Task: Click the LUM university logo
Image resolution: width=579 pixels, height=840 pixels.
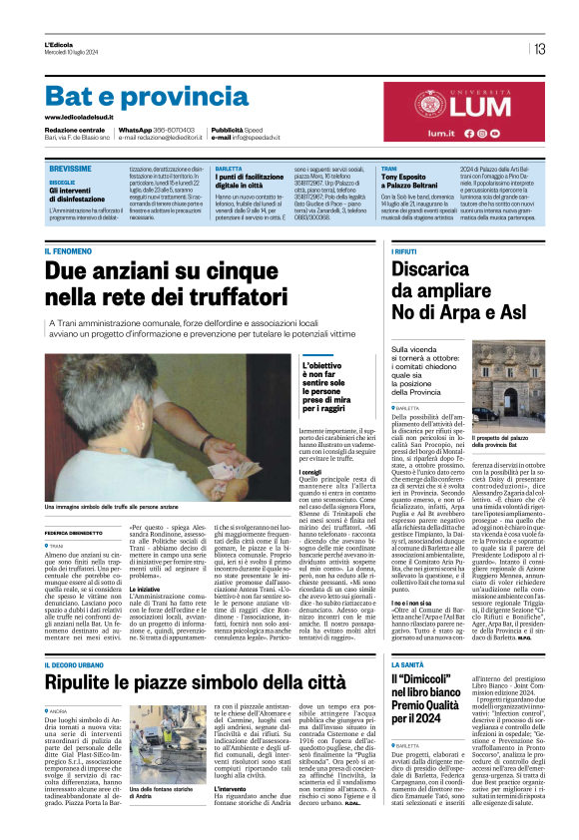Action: pos(468,110)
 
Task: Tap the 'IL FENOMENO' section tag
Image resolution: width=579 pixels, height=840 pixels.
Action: pos(67,249)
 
